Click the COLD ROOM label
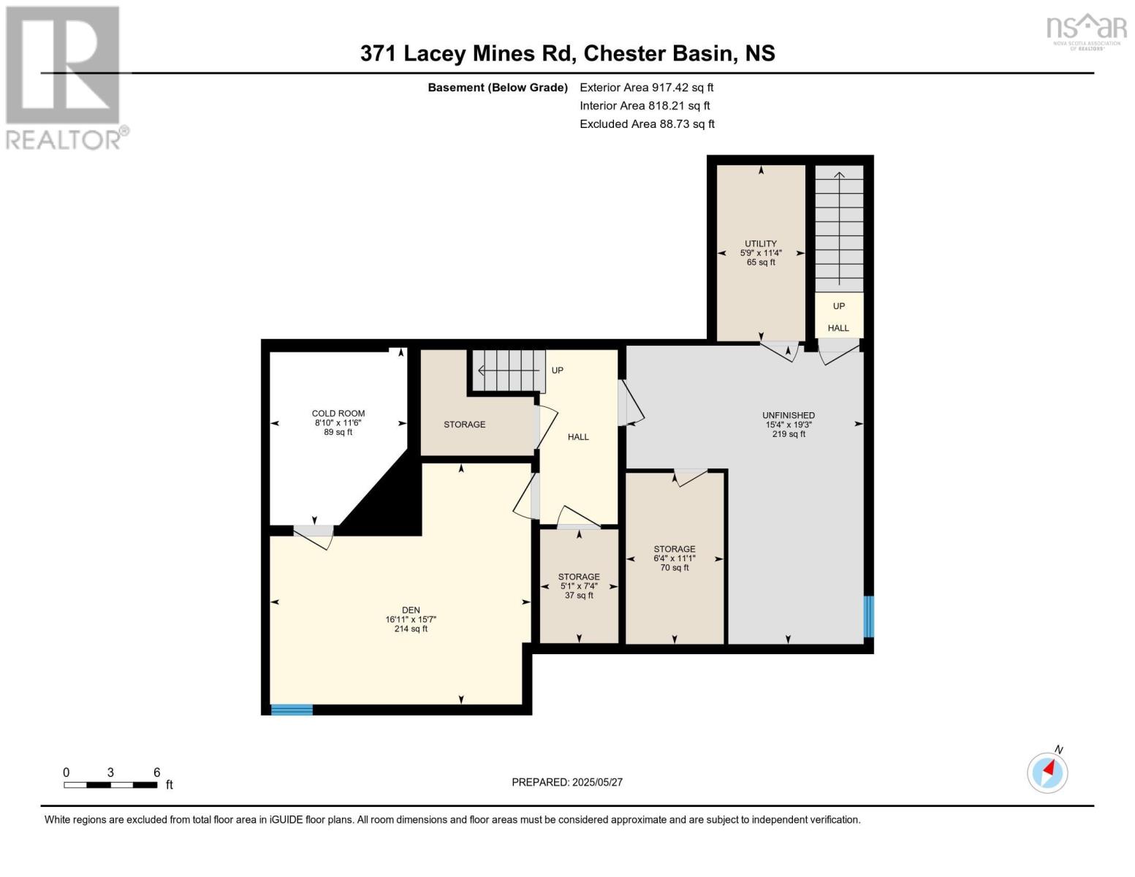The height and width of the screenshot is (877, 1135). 338,414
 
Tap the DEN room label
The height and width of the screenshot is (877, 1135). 411,610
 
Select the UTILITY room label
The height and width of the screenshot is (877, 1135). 761,244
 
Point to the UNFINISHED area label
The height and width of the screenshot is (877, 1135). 788,415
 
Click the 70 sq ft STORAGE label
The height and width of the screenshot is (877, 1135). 674,550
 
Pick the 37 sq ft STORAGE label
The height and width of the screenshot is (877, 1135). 579,577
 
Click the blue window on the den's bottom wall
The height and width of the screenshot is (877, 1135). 292,710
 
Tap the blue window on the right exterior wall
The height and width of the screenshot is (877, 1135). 868,617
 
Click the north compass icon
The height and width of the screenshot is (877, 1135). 1047,772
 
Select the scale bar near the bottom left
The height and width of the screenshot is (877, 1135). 110,785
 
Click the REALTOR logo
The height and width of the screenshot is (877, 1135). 64,77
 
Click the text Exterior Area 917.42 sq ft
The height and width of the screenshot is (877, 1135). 646,87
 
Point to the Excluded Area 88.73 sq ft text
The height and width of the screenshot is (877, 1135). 647,124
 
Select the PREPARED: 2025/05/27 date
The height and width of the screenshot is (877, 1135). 567,782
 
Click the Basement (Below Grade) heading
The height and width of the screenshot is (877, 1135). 498,88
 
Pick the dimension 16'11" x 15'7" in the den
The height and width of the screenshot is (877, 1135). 411,620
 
